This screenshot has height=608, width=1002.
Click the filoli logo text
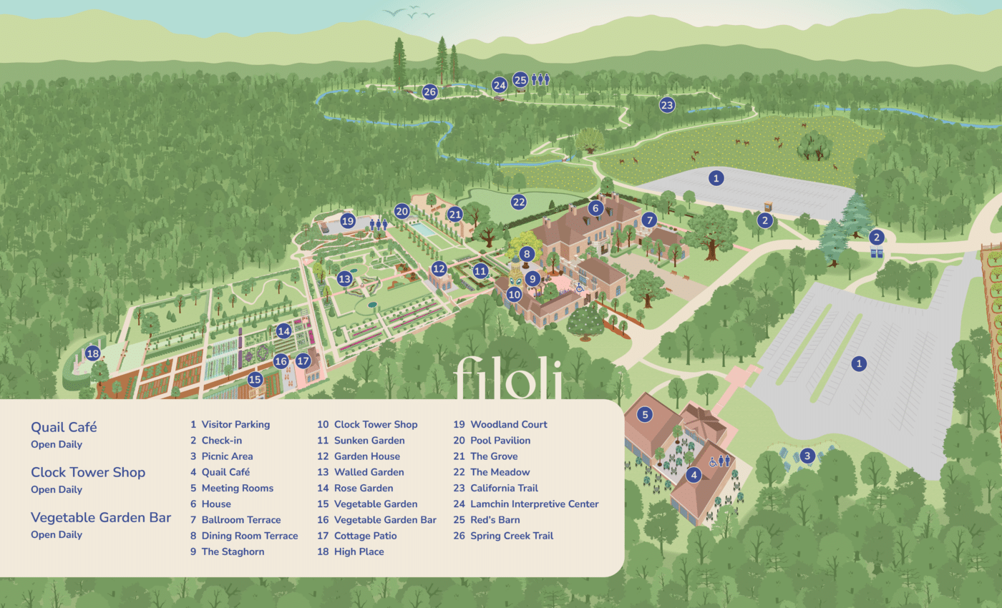click(507, 376)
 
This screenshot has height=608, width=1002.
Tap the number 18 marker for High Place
click(92, 353)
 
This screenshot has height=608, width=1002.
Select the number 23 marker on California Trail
click(667, 105)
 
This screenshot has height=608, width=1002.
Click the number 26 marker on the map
click(429, 92)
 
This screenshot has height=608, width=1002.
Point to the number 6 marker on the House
click(595, 208)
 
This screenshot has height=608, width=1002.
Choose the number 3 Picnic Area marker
click(807, 456)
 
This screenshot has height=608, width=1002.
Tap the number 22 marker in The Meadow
click(519, 202)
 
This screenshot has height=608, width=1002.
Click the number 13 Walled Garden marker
click(345, 279)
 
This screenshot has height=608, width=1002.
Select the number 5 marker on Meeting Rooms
click(645, 414)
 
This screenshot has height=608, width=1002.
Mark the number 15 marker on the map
click(255, 379)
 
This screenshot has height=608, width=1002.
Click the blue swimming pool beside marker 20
click(424, 230)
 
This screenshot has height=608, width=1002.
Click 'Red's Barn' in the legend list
click(495, 520)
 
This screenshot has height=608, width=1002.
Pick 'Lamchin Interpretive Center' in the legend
click(534, 504)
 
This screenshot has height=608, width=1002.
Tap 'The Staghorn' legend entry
click(233, 551)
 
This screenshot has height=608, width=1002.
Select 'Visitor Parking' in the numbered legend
click(235, 424)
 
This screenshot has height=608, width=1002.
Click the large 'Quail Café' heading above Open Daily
click(64, 427)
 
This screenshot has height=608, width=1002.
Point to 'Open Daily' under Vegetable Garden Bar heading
click(57, 535)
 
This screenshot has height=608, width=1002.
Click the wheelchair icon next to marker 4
click(713, 462)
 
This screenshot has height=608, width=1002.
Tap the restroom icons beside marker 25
click(540, 79)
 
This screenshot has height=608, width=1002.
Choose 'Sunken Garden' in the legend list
click(369, 441)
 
